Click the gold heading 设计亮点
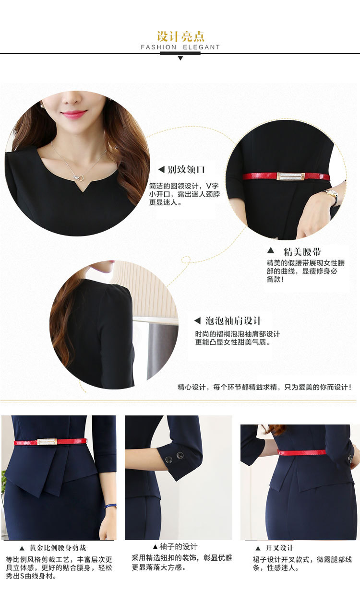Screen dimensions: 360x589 [x=180, y=36]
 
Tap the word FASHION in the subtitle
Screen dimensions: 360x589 [x=158, y=47]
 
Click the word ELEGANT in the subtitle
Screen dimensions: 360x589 [x=201, y=47]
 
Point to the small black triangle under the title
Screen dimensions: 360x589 [x=180, y=59]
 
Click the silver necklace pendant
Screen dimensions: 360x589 [x=79, y=178]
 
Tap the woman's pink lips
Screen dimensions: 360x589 [x=74, y=114]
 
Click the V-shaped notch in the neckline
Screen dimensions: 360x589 [x=84, y=187]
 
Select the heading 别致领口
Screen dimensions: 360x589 [x=186, y=170]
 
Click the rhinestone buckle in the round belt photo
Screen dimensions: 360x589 [x=290, y=177]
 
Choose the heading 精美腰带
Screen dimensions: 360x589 [x=302, y=252]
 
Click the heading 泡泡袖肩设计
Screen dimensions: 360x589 [x=233, y=321]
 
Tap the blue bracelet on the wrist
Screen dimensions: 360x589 [x=110, y=506]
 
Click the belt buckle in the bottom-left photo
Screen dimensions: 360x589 [x=47, y=442]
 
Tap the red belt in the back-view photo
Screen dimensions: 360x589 [x=301, y=452]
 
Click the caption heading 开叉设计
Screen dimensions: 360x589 [x=279, y=548]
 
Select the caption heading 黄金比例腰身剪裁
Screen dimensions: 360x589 [x=58, y=548]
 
